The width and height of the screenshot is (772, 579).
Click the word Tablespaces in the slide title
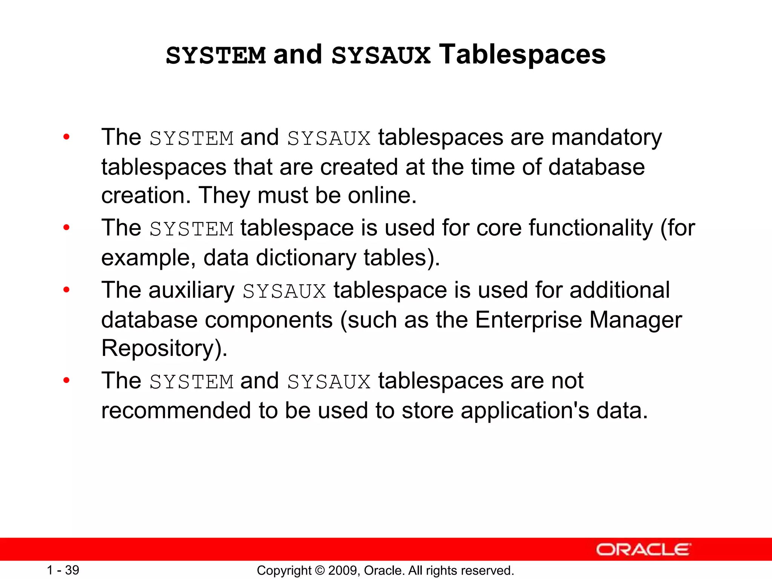coord(522,55)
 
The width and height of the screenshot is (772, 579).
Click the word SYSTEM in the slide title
coord(216,56)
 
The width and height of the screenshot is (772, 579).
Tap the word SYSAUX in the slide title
coord(381,56)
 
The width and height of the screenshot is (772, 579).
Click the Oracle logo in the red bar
coord(643,550)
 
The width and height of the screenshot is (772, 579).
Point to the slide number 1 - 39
coord(63,570)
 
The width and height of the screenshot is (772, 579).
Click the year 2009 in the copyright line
coord(341,570)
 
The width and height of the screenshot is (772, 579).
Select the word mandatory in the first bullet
coord(606,138)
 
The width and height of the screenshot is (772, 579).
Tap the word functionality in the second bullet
coord(591,228)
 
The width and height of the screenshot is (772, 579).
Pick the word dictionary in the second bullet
coord(306,258)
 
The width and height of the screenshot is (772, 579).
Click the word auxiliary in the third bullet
coord(191,290)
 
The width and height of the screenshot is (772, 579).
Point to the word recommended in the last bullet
coord(176,411)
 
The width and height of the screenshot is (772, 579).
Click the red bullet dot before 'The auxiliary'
coord(67,290)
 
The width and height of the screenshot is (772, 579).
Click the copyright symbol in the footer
coord(320,570)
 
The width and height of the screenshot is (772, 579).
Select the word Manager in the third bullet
coord(636,320)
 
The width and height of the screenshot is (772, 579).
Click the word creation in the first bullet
coord(143,196)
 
